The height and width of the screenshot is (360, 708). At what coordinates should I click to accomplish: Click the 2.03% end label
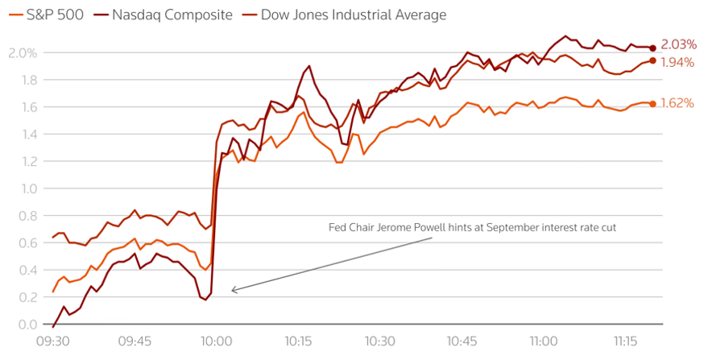pos(678,45)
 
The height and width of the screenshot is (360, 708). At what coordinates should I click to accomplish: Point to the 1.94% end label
pos(678,62)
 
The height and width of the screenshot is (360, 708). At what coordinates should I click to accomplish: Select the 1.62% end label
pos(678,103)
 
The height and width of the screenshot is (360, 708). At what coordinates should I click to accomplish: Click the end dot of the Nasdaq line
pos(652,48)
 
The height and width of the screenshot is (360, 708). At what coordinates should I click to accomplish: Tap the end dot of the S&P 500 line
pos(652,103)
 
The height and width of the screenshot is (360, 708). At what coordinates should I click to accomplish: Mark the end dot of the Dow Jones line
pos(652,60)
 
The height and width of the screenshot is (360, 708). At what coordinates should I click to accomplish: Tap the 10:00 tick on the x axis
pos(216,341)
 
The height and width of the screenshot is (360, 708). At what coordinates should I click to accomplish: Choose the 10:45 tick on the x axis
pos(462,341)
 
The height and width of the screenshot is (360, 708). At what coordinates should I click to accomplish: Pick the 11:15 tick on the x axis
pos(625,341)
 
